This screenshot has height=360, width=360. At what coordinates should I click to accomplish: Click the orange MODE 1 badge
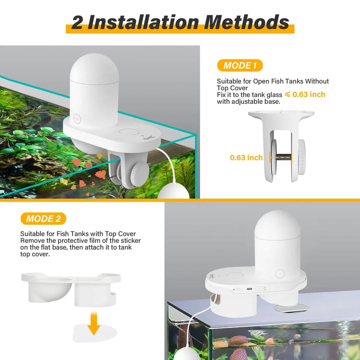pyautogui.click(x=240, y=65)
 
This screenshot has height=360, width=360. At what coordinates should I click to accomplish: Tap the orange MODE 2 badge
pyautogui.click(x=43, y=218)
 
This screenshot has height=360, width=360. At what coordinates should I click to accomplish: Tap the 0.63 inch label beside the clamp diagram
pyautogui.click(x=246, y=157)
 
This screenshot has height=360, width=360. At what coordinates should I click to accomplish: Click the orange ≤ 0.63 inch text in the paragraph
pyautogui.click(x=305, y=95)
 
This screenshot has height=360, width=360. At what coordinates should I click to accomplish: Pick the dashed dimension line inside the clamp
pyautogui.click(x=281, y=157)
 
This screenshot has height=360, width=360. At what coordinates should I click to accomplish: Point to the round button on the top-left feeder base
pyautogui.click(x=128, y=132)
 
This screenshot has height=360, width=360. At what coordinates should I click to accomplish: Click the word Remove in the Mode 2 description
pyautogui.click(x=33, y=240)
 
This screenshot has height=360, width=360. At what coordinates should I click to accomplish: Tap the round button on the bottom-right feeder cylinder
pyautogui.click(x=280, y=274)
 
